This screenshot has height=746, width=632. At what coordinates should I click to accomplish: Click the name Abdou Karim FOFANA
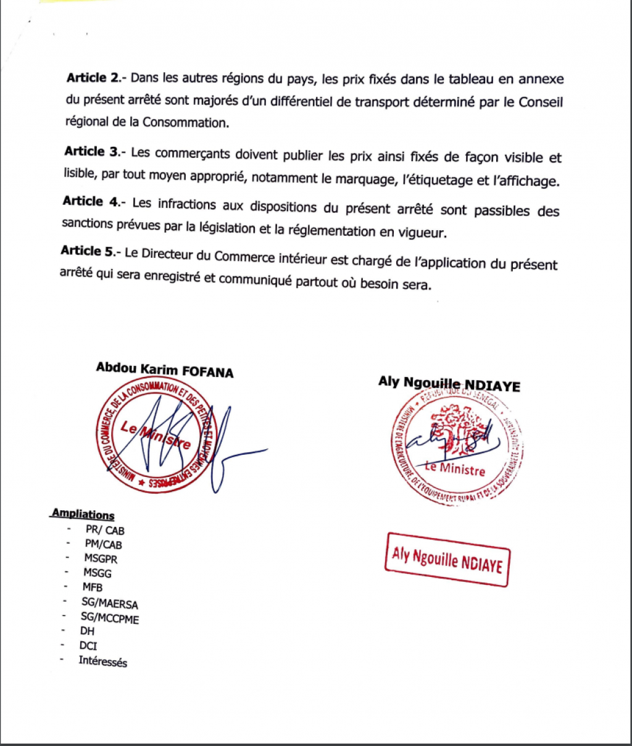tap(165, 369)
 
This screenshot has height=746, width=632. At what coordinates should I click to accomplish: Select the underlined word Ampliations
tap(83, 514)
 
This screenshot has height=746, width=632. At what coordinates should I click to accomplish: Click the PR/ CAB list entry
tap(105, 529)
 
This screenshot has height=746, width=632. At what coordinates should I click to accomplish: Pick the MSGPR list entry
tap(101, 558)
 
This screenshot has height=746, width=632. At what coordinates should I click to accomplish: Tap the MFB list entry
tap(93, 587)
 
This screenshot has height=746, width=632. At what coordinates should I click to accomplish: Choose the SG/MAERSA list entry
tap(110, 603)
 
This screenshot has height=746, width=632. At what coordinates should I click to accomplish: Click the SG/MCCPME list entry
tap(110, 618)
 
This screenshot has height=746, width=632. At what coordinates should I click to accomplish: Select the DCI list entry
tap(88, 646)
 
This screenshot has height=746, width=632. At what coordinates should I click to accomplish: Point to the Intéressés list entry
tap(102, 661)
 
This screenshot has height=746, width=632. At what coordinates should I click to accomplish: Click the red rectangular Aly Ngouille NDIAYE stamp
tap(447, 559)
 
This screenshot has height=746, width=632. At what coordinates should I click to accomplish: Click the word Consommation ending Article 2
tap(185, 122)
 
